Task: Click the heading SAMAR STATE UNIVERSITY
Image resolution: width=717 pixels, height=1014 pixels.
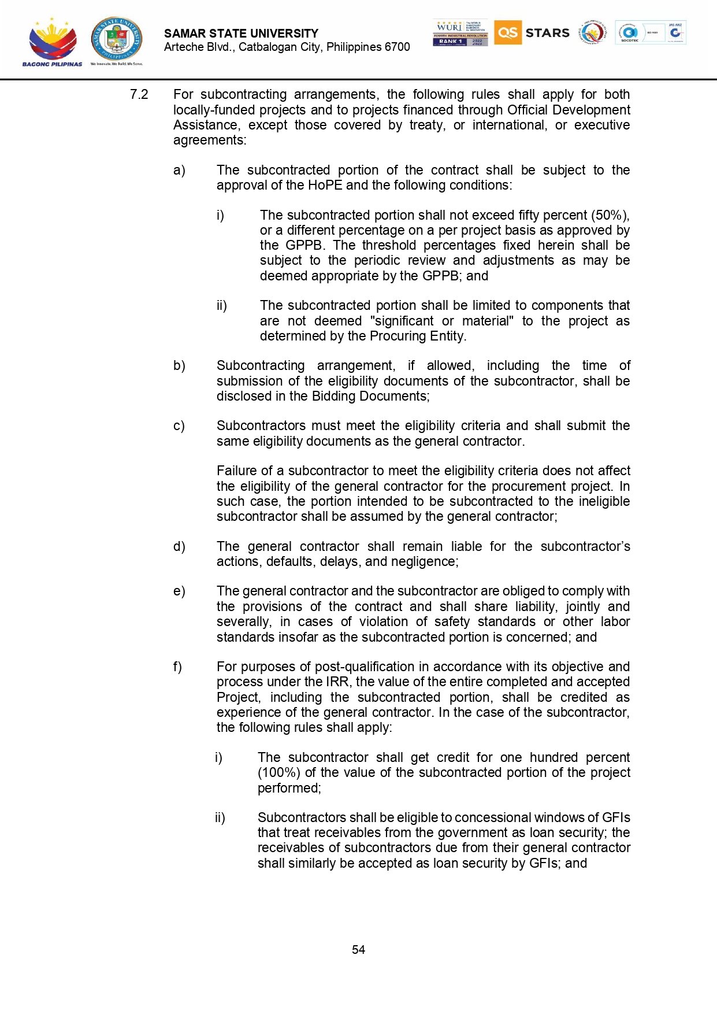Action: [241, 34]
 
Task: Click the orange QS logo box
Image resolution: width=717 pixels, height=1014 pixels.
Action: [507, 32]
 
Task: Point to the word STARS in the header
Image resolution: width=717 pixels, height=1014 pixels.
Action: [547, 33]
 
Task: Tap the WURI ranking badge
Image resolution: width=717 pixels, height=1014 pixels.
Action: [460, 32]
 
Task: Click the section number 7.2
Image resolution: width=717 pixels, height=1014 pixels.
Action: [139, 94]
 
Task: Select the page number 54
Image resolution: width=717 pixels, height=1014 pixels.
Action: [358, 949]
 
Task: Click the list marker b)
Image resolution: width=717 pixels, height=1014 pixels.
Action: [179, 365]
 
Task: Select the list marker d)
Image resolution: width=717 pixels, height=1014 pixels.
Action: [179, 546]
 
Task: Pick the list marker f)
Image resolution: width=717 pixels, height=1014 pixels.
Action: [178, 667]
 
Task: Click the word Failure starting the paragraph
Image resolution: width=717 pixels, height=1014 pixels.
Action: [237, 471]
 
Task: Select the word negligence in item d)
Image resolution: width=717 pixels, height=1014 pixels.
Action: [428, 561]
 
